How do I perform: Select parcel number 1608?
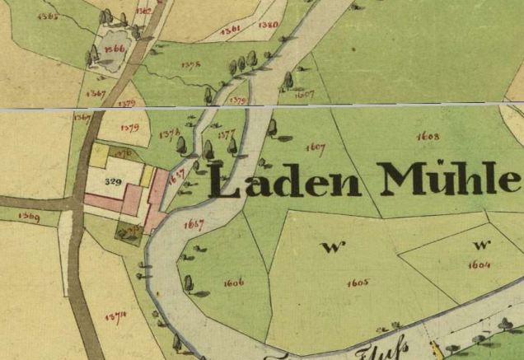click(x=428, y=135)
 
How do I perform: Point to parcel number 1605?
click(x=358, y=282)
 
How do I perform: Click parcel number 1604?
click(x=479, y=264)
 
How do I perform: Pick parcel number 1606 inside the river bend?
click(x=234, y=283)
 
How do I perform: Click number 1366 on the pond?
click(x=114, y=49)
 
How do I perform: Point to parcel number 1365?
click(x=48, y=16)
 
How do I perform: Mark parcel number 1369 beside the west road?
click(x=29, y=217)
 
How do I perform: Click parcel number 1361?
click(x=232, y=29)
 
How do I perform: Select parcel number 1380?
click(x=268, y=25)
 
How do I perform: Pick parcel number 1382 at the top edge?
click(x=143, y=11)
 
